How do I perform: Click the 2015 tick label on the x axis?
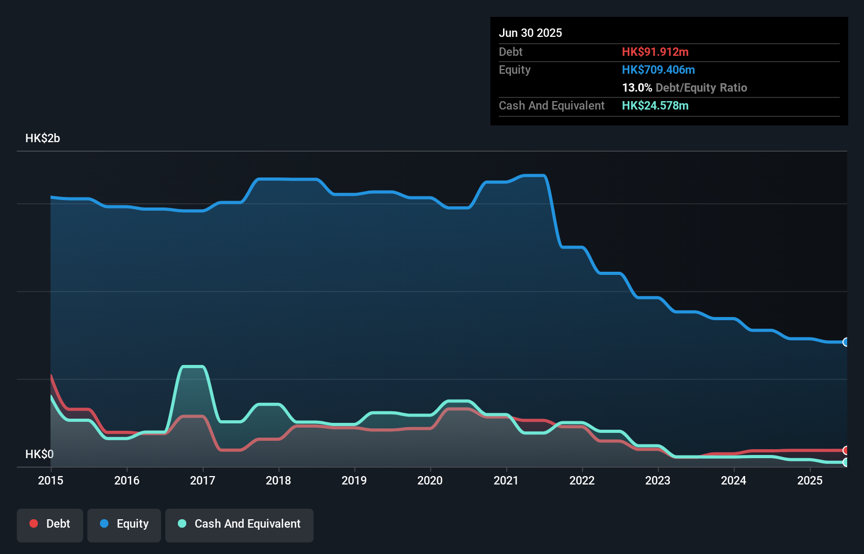pyautogui.click(x=51, y=480)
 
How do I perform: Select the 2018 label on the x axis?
pyautogui.click(x=278, y=480)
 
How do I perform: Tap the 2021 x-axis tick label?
pyautogui.click(x=506, y=480)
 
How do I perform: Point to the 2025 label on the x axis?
pyautogui.click(x=810, y=480)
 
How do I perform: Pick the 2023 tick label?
pyautogui.click(x=658, y=480)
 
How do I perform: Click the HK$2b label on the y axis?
pyautogui.click(x=43, y=138)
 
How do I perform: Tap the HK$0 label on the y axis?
pyautogui.click(x=39, y=454)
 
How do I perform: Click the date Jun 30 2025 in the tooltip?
pyautogui.click(x=530, y=33)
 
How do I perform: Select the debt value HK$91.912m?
pyautogui.click(x=655, y=52)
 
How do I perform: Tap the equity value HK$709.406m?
pyautogui.click(x=658, y=70)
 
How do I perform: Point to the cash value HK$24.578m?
pyautogui.click(x=655, y=105)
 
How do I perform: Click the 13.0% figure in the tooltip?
pyautogui.click(x=637, y=87)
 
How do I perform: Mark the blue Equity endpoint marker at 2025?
pyautogui.click(x=846, y=342)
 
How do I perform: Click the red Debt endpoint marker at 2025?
pyautogui.click(x=846, y=450)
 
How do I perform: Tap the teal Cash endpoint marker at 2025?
pyautogui.click(x=846, y=462)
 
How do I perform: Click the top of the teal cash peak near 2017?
pyautogui.click(x=192, y=367)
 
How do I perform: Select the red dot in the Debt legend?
pyautogui.click(x=34, y=523)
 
